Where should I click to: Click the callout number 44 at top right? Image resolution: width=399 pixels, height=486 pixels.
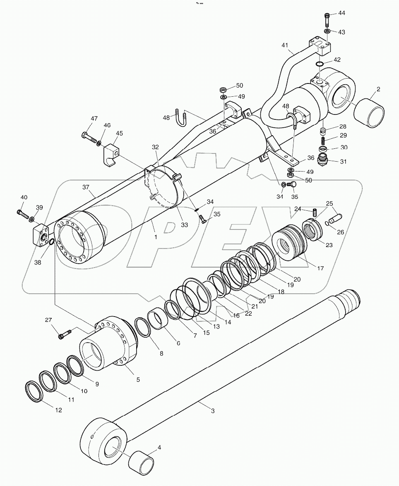click(341, 13)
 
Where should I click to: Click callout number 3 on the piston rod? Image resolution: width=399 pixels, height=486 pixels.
click(212, 411)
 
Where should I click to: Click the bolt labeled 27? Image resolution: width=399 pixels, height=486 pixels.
click(63, 335)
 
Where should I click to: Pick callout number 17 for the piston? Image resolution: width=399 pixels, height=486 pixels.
click(320, 268)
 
